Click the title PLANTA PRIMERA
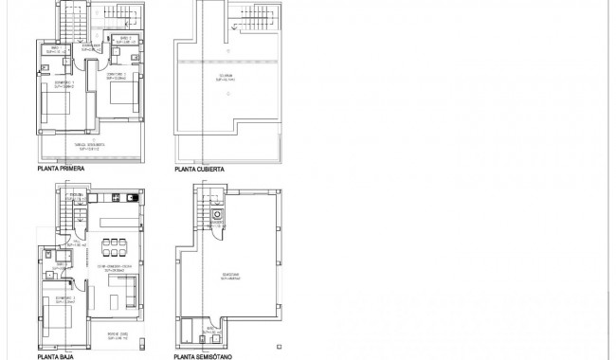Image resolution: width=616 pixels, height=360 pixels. pyautogui.click(x=61, y=168)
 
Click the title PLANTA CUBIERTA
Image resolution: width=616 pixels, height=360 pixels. pyautogui.click(x=198, y=169)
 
